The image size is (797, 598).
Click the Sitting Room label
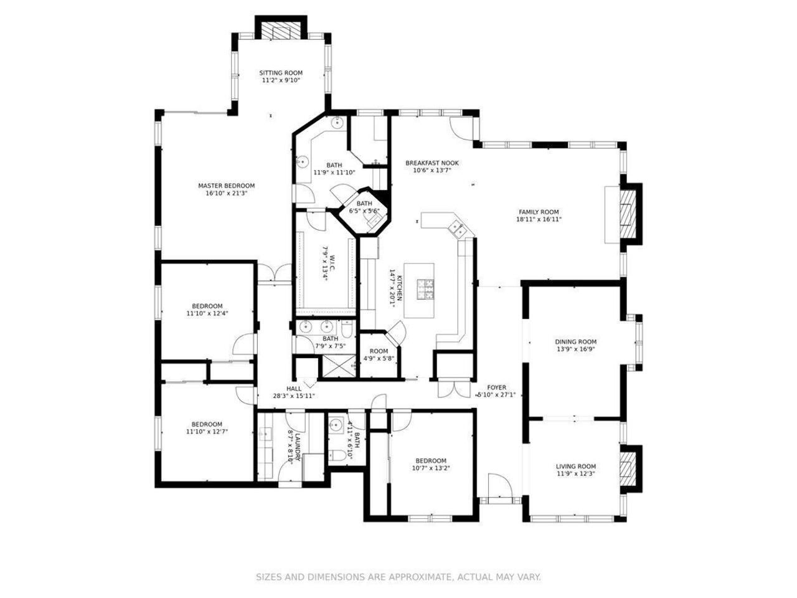[281, 73]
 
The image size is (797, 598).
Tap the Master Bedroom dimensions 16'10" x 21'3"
[227, 193]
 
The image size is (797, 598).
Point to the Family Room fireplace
[628, 214]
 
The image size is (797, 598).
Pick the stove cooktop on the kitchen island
[425, 290]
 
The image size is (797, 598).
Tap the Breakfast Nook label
[432, 163]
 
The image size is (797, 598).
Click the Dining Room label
[575, 341]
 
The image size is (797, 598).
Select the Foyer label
[496, 387]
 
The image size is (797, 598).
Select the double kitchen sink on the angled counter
[456, 229]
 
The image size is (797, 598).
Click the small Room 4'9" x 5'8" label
[379, 351]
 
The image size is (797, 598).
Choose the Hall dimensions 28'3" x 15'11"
[294, 396]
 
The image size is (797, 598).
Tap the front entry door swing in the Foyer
[500, 485]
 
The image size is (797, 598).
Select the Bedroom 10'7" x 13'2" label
[431, 461]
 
